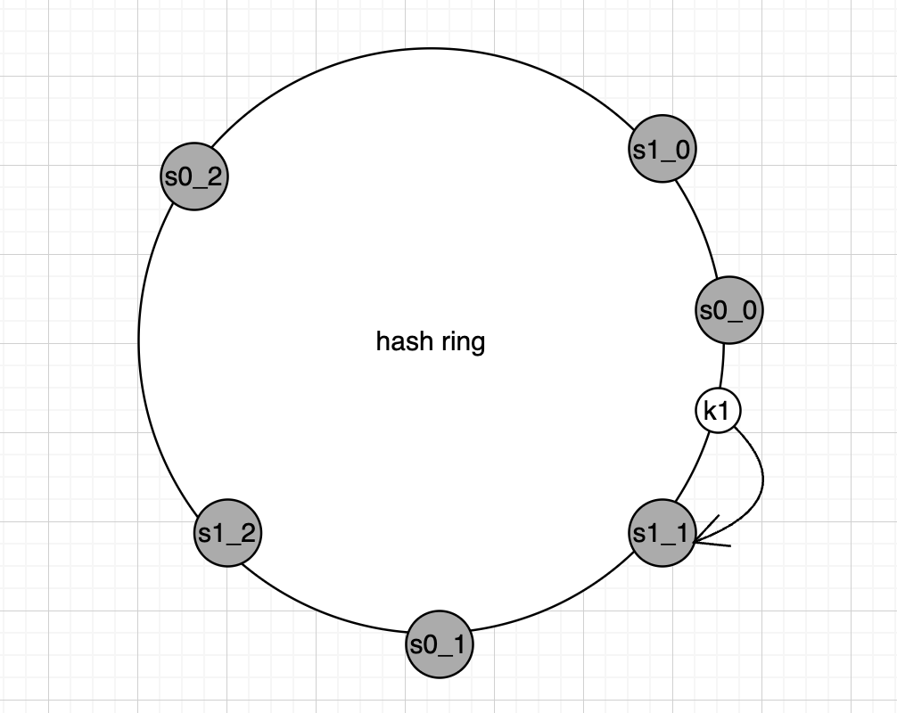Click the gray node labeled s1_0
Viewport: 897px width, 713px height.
click(662, 149)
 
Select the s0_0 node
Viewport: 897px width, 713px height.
click(729, 311)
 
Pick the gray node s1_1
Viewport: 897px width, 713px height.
click(662, 533)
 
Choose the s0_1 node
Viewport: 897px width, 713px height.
click(439, 643)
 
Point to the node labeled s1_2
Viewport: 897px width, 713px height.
click(227, 533)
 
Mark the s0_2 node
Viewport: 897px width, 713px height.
click(194, 176)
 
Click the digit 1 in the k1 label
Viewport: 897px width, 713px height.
click(725, 411)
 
